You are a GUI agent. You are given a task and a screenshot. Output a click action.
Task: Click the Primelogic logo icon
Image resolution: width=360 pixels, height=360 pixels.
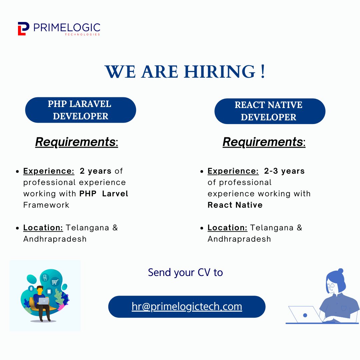pyautogui.click(x=23, y=29)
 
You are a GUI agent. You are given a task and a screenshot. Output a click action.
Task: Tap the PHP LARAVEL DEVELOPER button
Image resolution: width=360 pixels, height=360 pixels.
pyautogui.click(x=80, y=110)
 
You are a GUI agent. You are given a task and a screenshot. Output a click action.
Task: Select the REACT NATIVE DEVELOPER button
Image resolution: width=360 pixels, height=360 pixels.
pyautogui.click(x=269, y=111)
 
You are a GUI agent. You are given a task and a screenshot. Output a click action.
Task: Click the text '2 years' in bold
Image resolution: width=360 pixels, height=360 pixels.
pyautogui.click(x=95, y=171)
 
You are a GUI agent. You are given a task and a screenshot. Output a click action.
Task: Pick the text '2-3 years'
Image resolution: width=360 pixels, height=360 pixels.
pyautogui.click(x=284, y=171)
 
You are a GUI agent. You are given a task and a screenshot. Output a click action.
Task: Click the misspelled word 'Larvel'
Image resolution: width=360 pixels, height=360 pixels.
pyautogui.click(x=115, y=194)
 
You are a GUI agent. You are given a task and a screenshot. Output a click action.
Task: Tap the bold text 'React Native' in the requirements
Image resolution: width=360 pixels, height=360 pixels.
pyautogui.click(x=235, y=205)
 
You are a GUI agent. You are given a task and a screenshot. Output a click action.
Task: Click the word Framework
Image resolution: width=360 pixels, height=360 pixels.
pyautogui.click(x=46, y=205)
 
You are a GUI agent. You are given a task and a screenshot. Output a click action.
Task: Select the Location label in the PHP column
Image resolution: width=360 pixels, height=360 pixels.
pyautogui.click(x=43, y=228)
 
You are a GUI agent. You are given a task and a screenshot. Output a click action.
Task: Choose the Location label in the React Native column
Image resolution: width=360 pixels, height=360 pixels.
pyautogui.click(x=227, y=228)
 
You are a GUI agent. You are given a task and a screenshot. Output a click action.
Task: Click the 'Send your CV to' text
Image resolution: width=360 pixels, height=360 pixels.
pyautogui.click(x=185, y=272)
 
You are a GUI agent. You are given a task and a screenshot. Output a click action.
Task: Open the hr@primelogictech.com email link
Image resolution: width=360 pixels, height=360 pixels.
pyautogui.click(x=187, y=307)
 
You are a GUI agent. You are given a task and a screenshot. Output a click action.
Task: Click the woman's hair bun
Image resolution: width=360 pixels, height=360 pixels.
pyautogui.click(x=340, y=271)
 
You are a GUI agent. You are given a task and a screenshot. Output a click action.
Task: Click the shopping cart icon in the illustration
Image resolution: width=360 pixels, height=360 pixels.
pyautogui.click(x=55, y=282)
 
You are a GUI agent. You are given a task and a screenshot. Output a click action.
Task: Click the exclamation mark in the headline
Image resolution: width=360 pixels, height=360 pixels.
pyautogui.click(x=263, y=72)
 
